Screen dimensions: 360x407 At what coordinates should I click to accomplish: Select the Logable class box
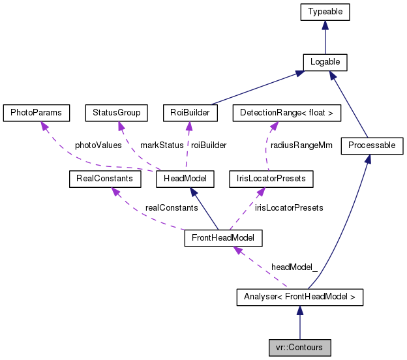325,62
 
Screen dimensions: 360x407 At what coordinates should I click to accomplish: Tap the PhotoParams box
36,113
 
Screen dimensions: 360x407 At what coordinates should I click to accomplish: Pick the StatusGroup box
117,113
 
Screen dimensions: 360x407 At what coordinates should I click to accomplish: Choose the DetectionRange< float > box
286,113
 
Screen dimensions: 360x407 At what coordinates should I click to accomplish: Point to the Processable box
372,145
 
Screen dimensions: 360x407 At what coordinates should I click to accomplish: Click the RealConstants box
101,178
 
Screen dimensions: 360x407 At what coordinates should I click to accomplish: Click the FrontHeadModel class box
223,238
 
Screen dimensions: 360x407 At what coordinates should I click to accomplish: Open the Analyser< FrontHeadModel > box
299,298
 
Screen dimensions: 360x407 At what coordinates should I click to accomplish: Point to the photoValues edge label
98,145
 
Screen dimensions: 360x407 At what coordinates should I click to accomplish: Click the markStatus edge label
162,145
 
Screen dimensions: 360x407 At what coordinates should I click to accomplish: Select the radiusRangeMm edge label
301,145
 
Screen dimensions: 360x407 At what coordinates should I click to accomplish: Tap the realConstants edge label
171,207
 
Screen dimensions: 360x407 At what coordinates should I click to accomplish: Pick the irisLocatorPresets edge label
288,207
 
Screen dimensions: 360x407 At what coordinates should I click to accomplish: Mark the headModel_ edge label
295,267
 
